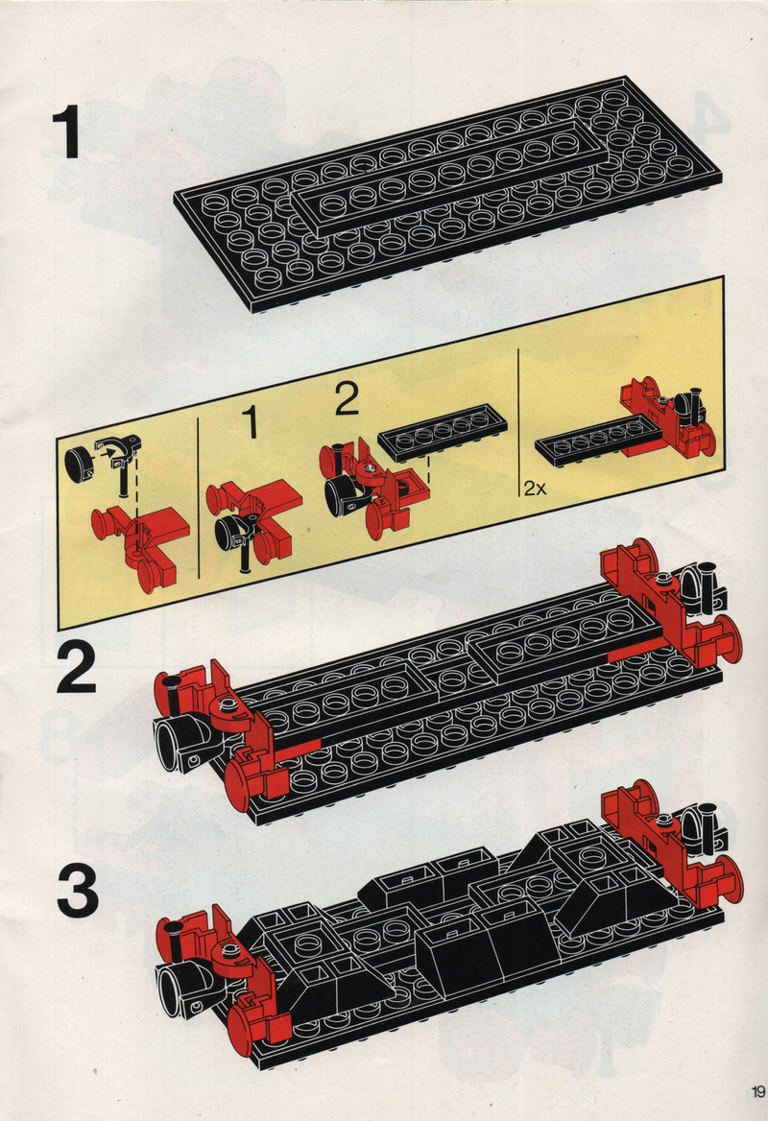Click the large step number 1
tap(66, 132)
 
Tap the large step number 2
tap(76, 667)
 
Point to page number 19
tap(757, 1092)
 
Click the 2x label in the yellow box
tap(534, 489)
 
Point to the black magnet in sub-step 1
tap(232, 533)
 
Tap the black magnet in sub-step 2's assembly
tap(345, 494)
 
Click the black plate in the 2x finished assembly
tap(590, 439)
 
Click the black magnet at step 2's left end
tap(183, 744)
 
